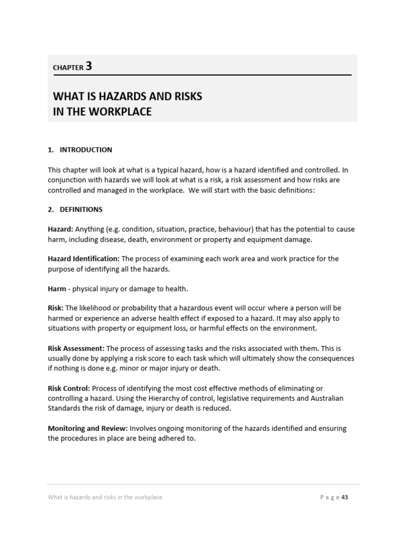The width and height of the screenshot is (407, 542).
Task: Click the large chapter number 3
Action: pos(89,66)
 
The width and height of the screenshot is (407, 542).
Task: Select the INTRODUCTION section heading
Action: pos(86,150)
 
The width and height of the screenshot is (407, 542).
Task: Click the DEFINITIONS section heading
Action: pos(81,210)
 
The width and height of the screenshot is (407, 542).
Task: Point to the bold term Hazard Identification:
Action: pos(84,259)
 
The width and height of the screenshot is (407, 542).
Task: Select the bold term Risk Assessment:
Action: pos(76,348)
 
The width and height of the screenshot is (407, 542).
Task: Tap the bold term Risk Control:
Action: pos(69,389)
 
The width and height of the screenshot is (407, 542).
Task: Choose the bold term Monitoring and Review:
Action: pos(87,428)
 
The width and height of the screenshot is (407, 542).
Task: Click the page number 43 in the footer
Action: pos(345,497)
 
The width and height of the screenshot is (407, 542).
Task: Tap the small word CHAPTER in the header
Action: pos(68,68)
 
